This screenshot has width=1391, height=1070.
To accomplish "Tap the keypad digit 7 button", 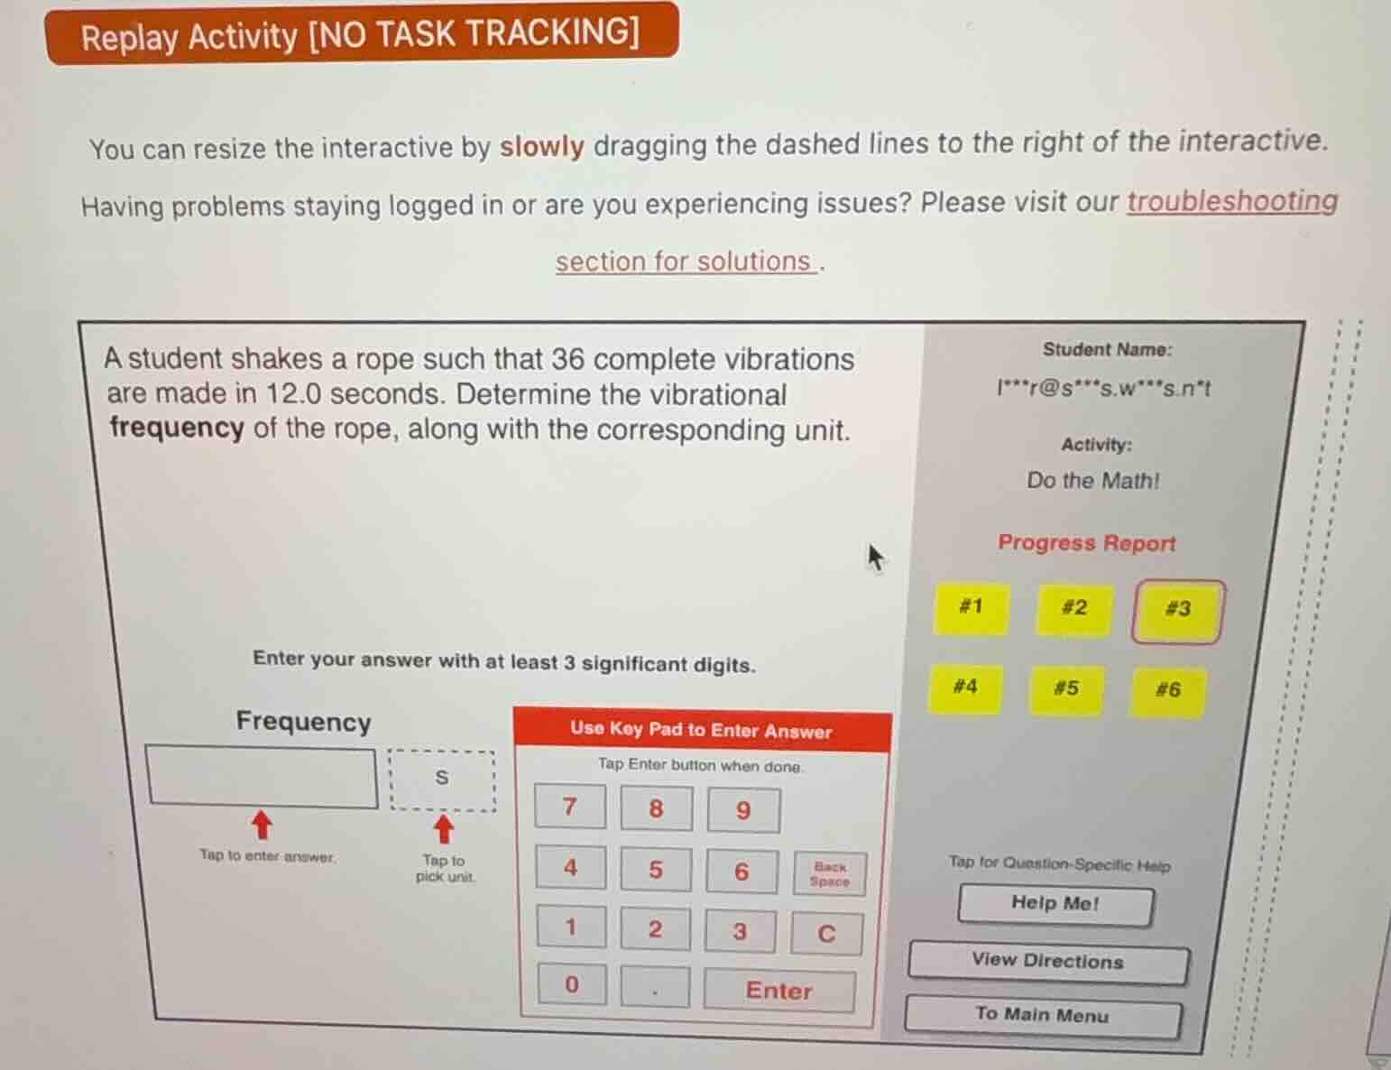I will point(569,807).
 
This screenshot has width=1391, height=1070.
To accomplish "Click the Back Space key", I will point(829,873).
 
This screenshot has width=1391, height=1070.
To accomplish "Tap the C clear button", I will point(826,933).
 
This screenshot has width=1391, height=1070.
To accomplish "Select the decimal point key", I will point(655,987).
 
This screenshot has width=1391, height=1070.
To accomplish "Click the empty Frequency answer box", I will point(262,776).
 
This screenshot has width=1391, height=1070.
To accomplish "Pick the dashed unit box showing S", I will point(442,778).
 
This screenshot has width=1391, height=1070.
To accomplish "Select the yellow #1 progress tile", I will point(971,607).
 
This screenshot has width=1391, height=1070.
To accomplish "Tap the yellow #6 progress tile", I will point(1167,691).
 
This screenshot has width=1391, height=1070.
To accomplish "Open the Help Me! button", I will point(1055,904).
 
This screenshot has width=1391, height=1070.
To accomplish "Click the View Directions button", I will point(1047,962).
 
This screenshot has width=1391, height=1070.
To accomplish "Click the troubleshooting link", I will point(1231,201).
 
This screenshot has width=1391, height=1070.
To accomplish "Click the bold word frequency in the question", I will point(177,428).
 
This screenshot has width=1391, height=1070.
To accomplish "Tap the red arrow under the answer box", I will point(262,823).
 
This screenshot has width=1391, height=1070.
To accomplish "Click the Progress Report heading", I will point(1086,543).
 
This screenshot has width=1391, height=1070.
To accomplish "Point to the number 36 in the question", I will point(567,359).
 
